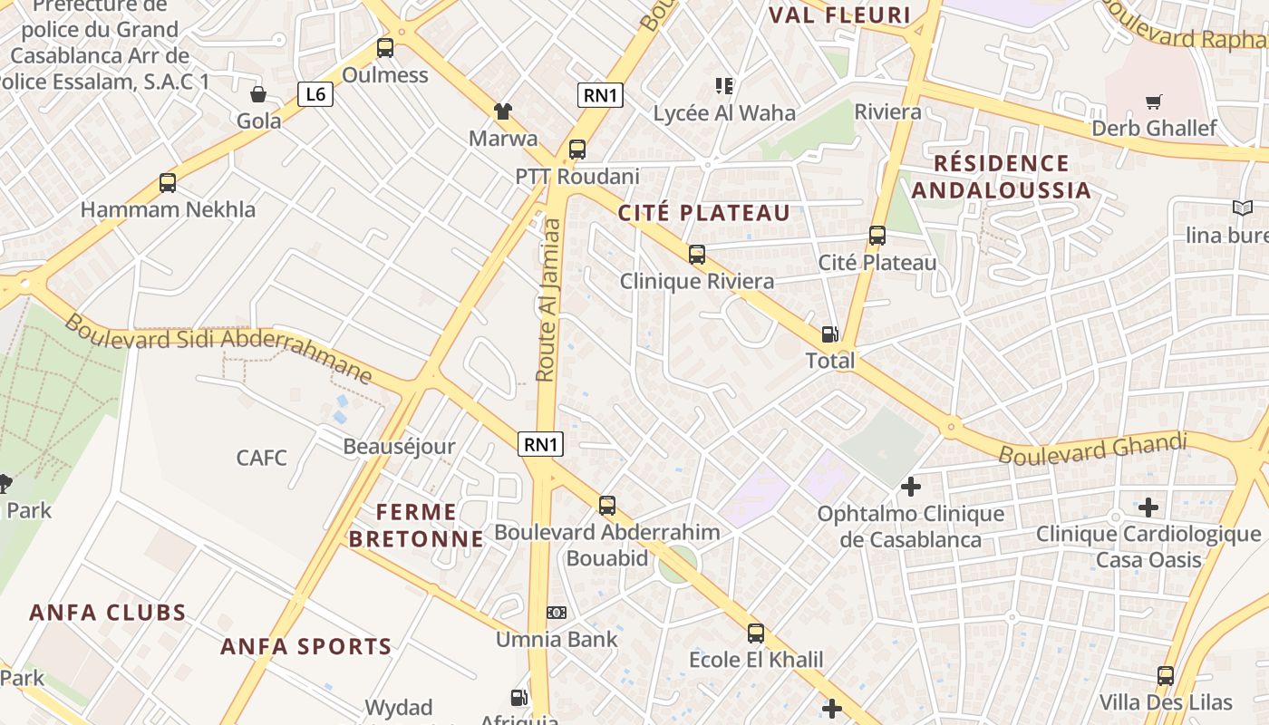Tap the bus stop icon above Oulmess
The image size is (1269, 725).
(385, 48)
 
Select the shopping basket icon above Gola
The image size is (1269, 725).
(258, 93)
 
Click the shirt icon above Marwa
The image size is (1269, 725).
(503, 111)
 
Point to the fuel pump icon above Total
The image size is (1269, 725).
(829, 334)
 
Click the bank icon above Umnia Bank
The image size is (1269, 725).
(557, 613)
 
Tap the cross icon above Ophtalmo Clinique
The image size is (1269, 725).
(911, 488)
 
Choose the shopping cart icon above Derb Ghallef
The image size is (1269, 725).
(1153, 101)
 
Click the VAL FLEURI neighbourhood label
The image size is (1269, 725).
(839, 14)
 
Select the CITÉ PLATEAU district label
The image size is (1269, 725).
(704, 213)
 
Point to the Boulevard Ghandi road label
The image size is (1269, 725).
(1092, 448)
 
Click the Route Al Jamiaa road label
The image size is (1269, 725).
(547, 299)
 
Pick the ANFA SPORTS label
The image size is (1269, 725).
(306, 646)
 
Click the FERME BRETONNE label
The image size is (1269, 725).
(416, 526)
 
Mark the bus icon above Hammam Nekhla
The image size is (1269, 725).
(168, 182)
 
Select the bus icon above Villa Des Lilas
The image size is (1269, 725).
(1166, 675)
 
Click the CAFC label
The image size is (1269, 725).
(261, 458)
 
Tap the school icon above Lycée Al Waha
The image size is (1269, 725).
(723, 86)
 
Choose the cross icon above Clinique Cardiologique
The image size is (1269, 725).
(1148, 507)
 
